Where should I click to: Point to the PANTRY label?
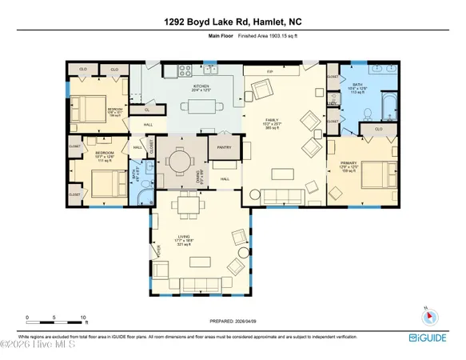click(x=224, y=147)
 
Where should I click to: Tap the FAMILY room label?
click(x=273, y=122)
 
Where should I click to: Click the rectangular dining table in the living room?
click(x=187, y=207)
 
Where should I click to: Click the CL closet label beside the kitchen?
click(x=146, y=110)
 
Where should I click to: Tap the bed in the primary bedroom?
click(x=379, y=170)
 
